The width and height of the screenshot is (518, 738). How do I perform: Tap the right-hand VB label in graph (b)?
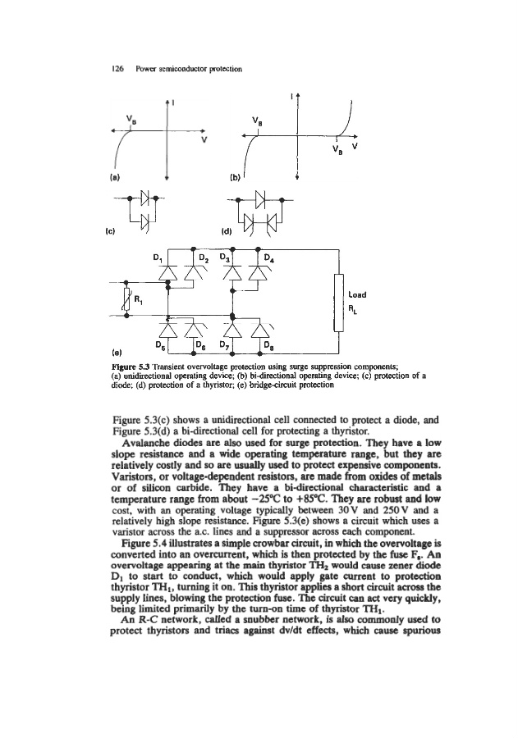(x=338, y=149)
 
